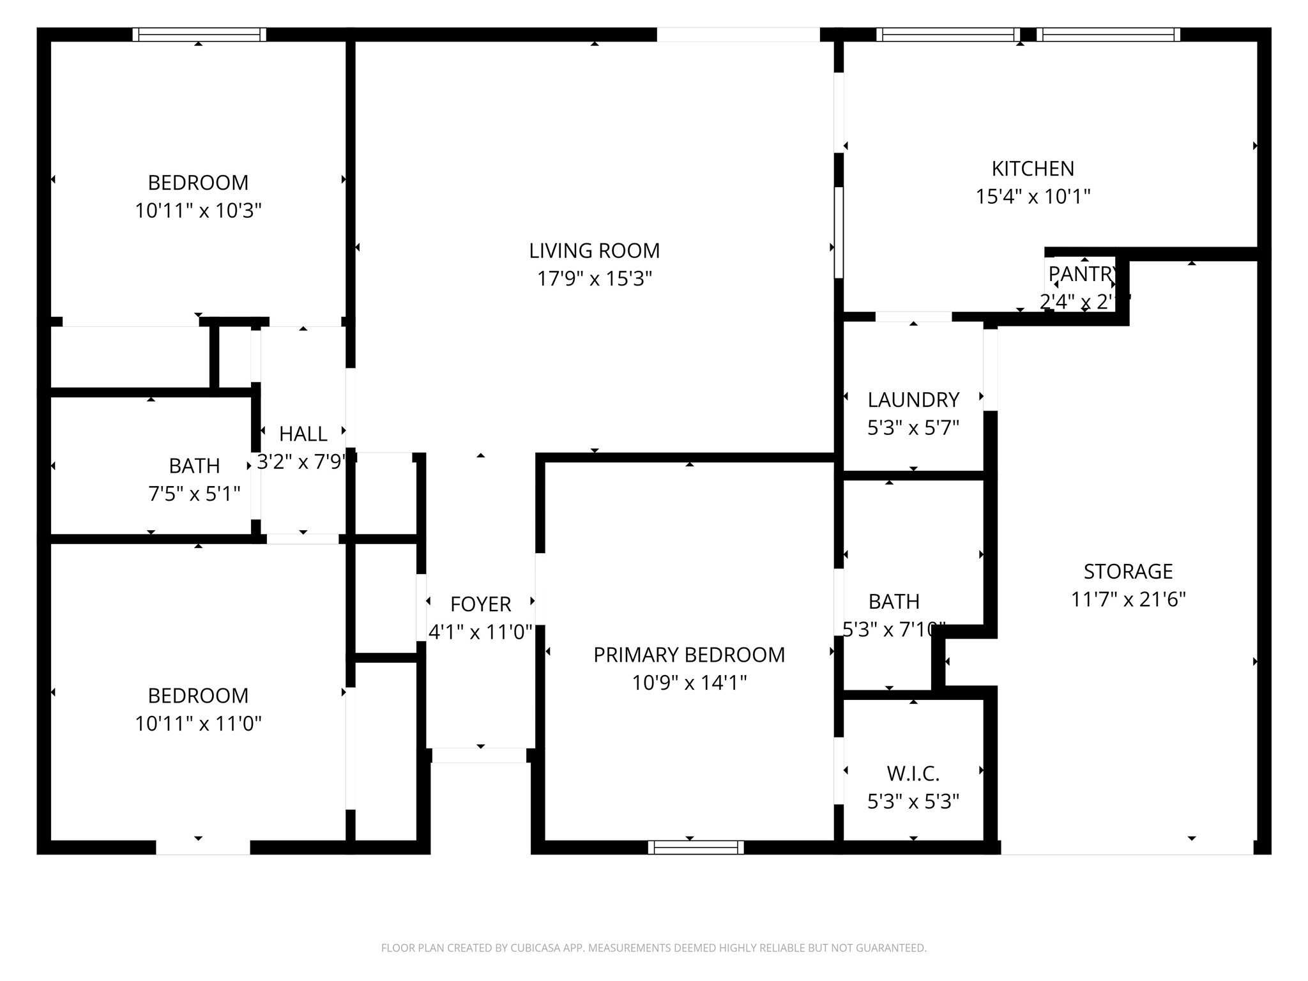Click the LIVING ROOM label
click(594, 251)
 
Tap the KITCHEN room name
click(1033, 169)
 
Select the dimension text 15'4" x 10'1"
click(1033, 197)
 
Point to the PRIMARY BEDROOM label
click(689, 655)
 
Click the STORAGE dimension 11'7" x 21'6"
click(1128, 600)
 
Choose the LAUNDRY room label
click(913, 400)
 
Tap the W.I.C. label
click(913, 774)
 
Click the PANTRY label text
click(1082, 274)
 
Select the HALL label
click(303, 434)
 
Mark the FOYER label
click(480, 604)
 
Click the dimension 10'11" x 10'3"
click(198, 211)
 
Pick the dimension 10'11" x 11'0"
click(198, 724)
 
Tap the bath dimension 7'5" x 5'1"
click(194, 494)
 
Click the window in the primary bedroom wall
click(696, 848)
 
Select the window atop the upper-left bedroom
click(199, 34)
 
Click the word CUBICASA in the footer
click(536, 948)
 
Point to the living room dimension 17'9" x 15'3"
click(594, 279)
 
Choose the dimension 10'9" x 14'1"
click(689, 683)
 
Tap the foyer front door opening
click(480, 756)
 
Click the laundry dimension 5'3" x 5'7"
click(913, 428)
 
